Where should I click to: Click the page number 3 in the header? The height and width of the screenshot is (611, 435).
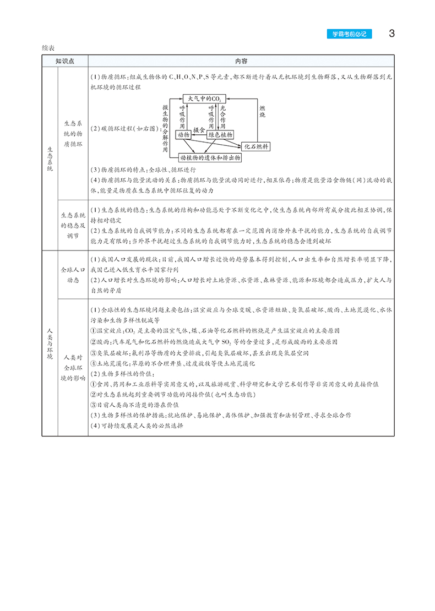click(x=392, y=33)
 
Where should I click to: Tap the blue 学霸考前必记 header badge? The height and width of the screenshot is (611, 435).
click(x=349, y=34)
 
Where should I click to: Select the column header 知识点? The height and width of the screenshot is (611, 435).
click(x=65, y=61)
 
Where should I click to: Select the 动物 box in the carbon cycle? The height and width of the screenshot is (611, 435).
click(x=183, y=135)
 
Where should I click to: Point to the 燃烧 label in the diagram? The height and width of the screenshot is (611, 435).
click(x=263, y=111)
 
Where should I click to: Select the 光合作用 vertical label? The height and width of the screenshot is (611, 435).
click(x=223, y=116)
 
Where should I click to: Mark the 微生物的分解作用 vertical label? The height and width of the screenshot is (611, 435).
click(x=165, y=128)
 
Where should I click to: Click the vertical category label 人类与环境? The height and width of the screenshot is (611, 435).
click(x=50, y=342)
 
